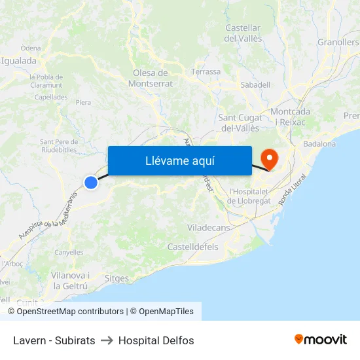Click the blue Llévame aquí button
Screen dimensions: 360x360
pos(179,160)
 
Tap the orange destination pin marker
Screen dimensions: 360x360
pos(269,158)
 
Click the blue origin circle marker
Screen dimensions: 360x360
pos(91,183)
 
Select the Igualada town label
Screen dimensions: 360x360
pos(20,61)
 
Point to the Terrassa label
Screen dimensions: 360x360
pos(206,72)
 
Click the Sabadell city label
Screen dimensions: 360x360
pos(255,84)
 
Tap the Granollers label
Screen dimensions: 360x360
pos(338,43)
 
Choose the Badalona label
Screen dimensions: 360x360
pos(319,144)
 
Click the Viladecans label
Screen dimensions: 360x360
pos(208,227)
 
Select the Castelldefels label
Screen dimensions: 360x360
pos(193,247)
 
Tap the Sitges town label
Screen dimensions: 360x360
pos(117,279)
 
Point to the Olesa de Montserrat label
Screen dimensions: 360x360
pos(151,78)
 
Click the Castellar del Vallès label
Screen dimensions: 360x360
pos(243,33)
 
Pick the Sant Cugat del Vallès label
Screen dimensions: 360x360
pos(240,122)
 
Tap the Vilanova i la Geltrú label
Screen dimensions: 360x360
pos(70,281)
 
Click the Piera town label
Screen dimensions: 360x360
pos(83,103)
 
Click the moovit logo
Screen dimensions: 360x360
pos(321,339)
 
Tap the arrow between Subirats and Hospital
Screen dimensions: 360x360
pos(107,340)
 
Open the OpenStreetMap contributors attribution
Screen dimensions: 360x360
pos(70,312)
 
